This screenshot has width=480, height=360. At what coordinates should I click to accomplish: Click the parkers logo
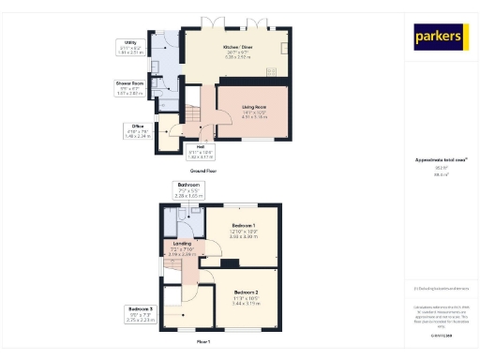coord(440,37)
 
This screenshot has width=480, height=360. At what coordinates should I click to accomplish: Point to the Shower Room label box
coord(130,87)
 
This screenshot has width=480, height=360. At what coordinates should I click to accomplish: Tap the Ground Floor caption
coord(204,172)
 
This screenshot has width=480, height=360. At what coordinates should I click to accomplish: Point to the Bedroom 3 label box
coord(140,312)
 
